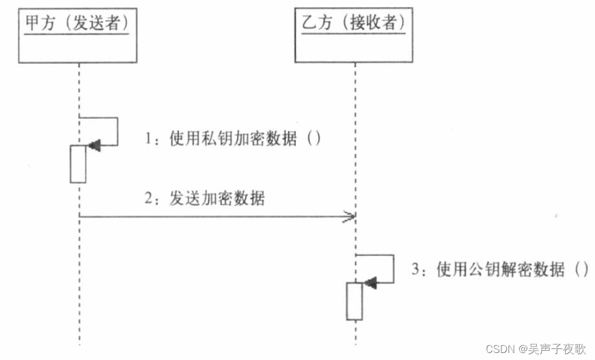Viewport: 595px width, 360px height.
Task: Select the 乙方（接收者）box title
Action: pos(354,23)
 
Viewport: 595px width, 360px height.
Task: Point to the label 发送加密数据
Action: pos(217,199)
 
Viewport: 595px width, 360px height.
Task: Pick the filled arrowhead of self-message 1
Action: pos(93,146)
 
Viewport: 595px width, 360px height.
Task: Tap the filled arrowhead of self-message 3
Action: pos(370,283)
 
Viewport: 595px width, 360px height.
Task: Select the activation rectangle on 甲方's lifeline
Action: pos(78,164)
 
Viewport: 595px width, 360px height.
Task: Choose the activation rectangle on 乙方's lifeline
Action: pos(354,301)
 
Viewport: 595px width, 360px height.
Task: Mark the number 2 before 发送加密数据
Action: pos(149,199)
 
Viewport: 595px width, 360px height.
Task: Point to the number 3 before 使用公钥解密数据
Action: pos(416,271)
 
